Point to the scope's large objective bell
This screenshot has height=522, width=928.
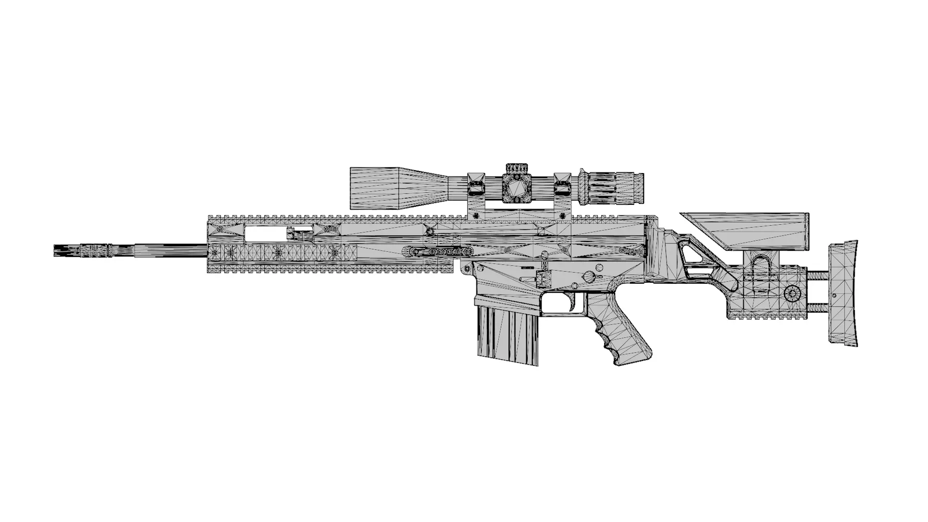click(375, 188)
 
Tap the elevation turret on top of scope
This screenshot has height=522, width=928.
click(518, 168)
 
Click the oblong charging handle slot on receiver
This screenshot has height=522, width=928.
click(437, 252)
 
